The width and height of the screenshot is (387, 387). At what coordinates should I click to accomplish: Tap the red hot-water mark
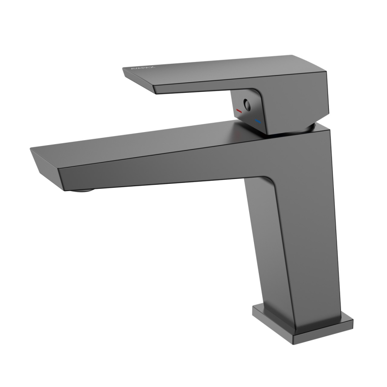click(x=238, y=112)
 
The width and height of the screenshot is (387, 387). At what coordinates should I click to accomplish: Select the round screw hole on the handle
click(x=247, y=104)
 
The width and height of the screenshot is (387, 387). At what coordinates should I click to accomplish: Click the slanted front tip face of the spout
click(x=46, y=166)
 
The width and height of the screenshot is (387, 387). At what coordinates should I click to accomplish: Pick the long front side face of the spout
click(x=160, y=167)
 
